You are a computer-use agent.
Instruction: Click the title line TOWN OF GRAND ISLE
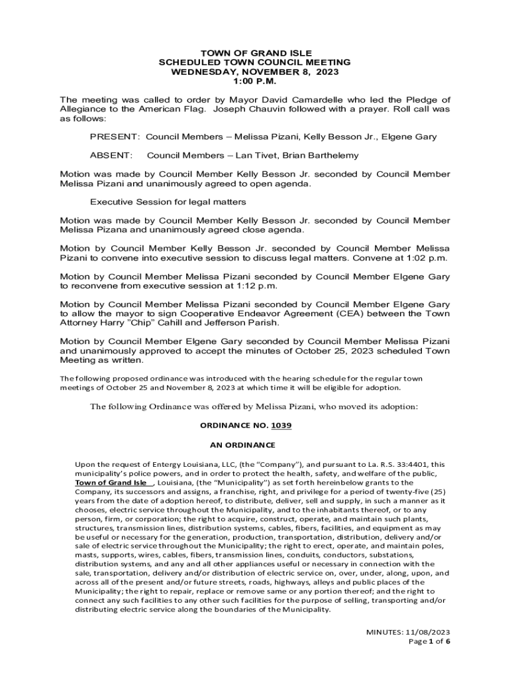(x=254, y=53)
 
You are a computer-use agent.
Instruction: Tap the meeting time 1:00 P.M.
(x=254, y=81)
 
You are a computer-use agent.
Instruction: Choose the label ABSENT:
(x=111, y=155)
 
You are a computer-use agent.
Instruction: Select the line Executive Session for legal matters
(x=168, y=202)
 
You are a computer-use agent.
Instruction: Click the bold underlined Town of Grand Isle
(x=111, y=483)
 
